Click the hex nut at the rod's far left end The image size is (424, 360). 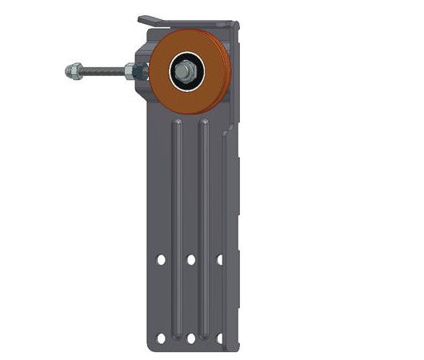point(73,72)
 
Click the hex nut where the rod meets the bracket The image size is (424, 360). point(130,72)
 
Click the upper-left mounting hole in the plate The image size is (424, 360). point(162,260)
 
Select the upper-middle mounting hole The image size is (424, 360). point(191,260)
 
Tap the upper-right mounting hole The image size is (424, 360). point(220,260)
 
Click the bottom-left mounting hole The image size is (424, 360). point(162,338)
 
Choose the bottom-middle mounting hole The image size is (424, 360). point(191,338)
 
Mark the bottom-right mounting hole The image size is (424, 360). point(220,338)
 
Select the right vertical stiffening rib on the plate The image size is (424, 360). point(206,208)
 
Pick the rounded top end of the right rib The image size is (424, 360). point(206,122)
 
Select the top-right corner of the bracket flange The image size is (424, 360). point(238,23)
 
